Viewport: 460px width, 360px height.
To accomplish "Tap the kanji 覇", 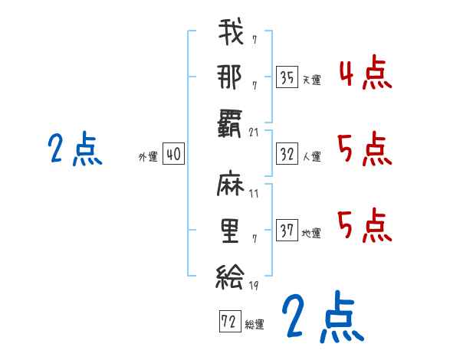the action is pyautogui.click(x=230, y=122).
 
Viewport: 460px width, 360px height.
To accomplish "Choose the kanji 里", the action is pyautogui.click(x=230, y=230).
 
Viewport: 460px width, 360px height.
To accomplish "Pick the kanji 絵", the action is pyautogui.click(x=230, y=273).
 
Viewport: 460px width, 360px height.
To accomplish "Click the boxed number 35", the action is pyautogui.click(x=287, y=77).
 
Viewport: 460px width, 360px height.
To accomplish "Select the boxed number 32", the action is pyautogui.click(x=287, y=155).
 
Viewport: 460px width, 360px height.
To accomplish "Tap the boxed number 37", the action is pyautogui.click(x=287, y=231).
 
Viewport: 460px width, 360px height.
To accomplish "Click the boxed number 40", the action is pyautogui.click(x=173, y=155).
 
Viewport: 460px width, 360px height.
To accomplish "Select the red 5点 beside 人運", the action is pyautogui.click(x=365, y=149).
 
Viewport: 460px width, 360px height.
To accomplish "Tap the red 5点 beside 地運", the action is pyautogui.click(x=365, y=226).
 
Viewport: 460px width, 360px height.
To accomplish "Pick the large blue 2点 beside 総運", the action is pyautogui.click(x=321, y=316).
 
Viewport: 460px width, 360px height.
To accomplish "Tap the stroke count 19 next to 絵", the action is pyautogui.click(x=254, y=285).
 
